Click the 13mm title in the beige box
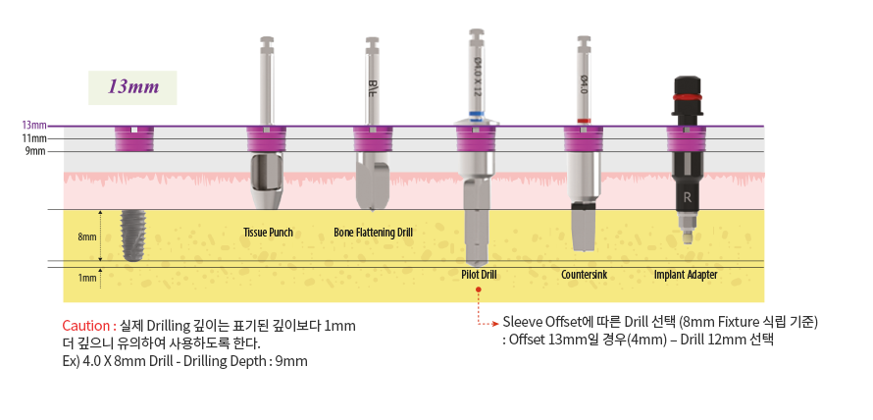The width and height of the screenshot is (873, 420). click(x=133, y=87)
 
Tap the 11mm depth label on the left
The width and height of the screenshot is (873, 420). click(x=34, y=138)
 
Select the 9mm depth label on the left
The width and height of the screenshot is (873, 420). click(x=34, y=151)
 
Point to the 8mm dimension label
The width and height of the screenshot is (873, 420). click(x=87, y=236)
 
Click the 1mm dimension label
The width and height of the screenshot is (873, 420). click(x=87, y=278)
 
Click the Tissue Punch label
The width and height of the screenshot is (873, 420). click(x=268, y=233)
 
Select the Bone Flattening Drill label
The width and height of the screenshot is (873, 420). click(x=373, y=233)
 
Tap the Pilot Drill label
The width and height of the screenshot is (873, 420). click(x=478, y=275)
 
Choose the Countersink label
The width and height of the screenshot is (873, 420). click(x=584, y=275)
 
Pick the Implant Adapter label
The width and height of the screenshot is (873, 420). click(x=686, y=275)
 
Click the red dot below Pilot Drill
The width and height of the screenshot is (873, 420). click(x=478, y=290)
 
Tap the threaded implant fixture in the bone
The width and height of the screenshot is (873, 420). click(x=132, y=235)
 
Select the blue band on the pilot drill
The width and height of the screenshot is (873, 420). click(x=478, y=114)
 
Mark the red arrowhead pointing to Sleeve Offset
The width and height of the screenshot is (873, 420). click(x=495, y=322)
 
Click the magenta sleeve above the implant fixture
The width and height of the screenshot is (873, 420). click(x=132, y=139)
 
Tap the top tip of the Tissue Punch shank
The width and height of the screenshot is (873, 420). click(x=268, y=40)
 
